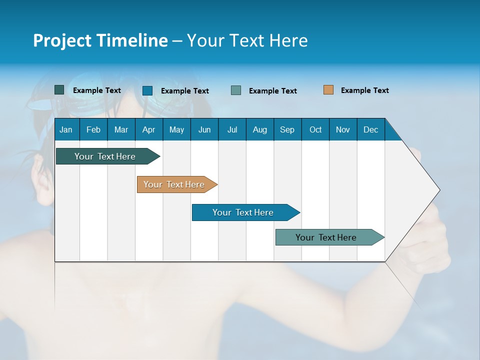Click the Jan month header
tap(66, 129)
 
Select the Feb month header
tap(93, 129)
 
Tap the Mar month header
tap(121, 129)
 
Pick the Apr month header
tap(149, 129)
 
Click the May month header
tap(176, 129)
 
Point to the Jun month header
tap(204, 129)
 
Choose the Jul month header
tap(232, 129)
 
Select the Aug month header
tap(260, 129)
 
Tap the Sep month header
tap(287, 129)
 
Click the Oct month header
tap(315, 129)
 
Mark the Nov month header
tap(343, 129)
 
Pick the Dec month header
tap(371, 129)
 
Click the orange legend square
tap(328, 90)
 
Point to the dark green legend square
tap(59, 90)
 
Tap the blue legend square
tap(147, 90)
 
